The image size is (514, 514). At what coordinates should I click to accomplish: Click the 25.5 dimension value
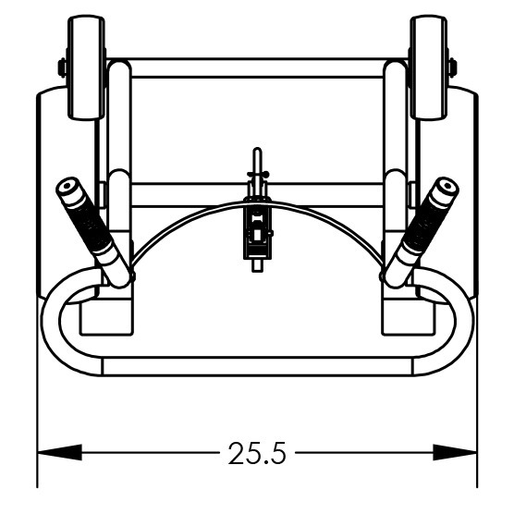(257, 453)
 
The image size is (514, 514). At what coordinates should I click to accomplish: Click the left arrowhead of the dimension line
(60, 453)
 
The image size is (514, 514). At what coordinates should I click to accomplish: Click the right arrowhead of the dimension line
(455, 453)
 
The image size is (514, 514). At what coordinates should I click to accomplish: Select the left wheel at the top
(87, 67)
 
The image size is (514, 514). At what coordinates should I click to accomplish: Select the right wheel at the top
(428, 67)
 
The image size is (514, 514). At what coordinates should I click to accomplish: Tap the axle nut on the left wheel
(62, 67)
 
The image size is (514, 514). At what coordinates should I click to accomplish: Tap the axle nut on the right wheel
(453, 67)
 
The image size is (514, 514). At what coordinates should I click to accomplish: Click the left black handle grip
(89, 226)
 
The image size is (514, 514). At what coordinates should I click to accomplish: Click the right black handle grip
(426, 226)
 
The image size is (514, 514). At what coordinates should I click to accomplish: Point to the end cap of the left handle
(67, 186)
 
